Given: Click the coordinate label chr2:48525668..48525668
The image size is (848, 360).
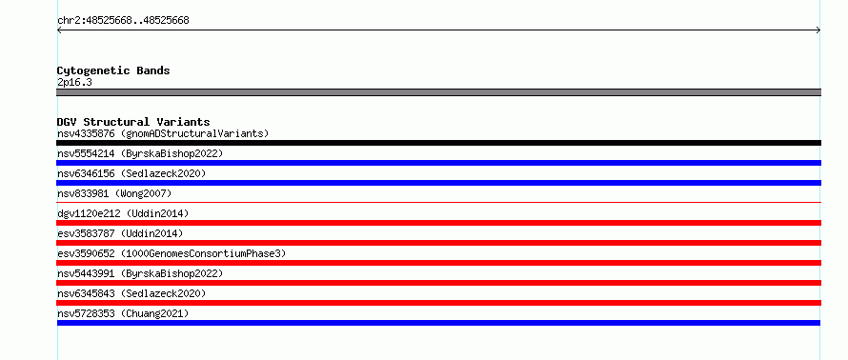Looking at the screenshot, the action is coord(123,21).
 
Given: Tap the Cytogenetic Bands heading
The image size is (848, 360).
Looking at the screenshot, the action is coord(113,70).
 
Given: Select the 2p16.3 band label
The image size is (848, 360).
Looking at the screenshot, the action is coord(74,82).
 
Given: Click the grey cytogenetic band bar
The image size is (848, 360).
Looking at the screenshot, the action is coord(438,92).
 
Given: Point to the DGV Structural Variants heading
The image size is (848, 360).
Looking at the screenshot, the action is coord(133,122).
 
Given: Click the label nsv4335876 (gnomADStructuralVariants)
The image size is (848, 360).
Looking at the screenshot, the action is coord(163,133).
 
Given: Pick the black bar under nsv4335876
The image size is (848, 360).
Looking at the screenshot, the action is coord(438,143).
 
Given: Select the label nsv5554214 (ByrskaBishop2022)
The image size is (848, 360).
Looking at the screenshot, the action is coord(140,153).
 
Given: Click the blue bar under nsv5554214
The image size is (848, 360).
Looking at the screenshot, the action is coord(438,163).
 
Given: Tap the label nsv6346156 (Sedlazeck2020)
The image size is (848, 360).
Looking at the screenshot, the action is coord(131,173).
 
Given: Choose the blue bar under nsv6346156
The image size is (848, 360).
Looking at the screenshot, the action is coord(438,183).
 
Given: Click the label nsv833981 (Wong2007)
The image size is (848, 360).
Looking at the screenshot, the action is coord(114,193).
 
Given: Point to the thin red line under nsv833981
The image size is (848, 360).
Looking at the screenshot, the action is coord(438,202).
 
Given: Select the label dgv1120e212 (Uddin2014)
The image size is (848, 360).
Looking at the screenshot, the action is coord(123,213).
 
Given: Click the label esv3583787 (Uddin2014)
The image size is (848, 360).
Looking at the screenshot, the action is coord(120,233).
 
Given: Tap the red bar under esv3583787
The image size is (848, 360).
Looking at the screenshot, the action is coord(438,243).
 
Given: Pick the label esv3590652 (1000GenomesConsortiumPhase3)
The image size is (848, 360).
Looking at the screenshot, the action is coord(172,253).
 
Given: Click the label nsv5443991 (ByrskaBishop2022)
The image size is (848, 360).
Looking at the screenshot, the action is coord(140,273).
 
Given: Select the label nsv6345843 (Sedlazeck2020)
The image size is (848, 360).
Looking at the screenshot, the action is coord(131,293).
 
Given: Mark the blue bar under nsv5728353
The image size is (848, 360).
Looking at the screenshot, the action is coord(438,323).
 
